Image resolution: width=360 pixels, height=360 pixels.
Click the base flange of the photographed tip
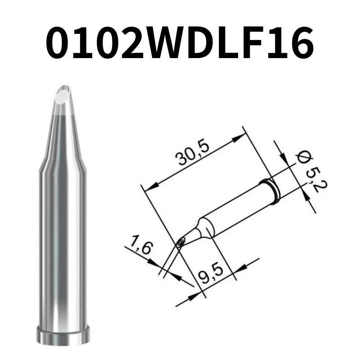click(x=63, y=336)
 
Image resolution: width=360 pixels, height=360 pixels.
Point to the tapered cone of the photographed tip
click(x=63, y=135)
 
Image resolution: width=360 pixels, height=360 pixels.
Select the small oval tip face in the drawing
click(x=180, y=243)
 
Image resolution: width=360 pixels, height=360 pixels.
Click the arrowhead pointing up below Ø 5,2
click(x=304, y=194)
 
